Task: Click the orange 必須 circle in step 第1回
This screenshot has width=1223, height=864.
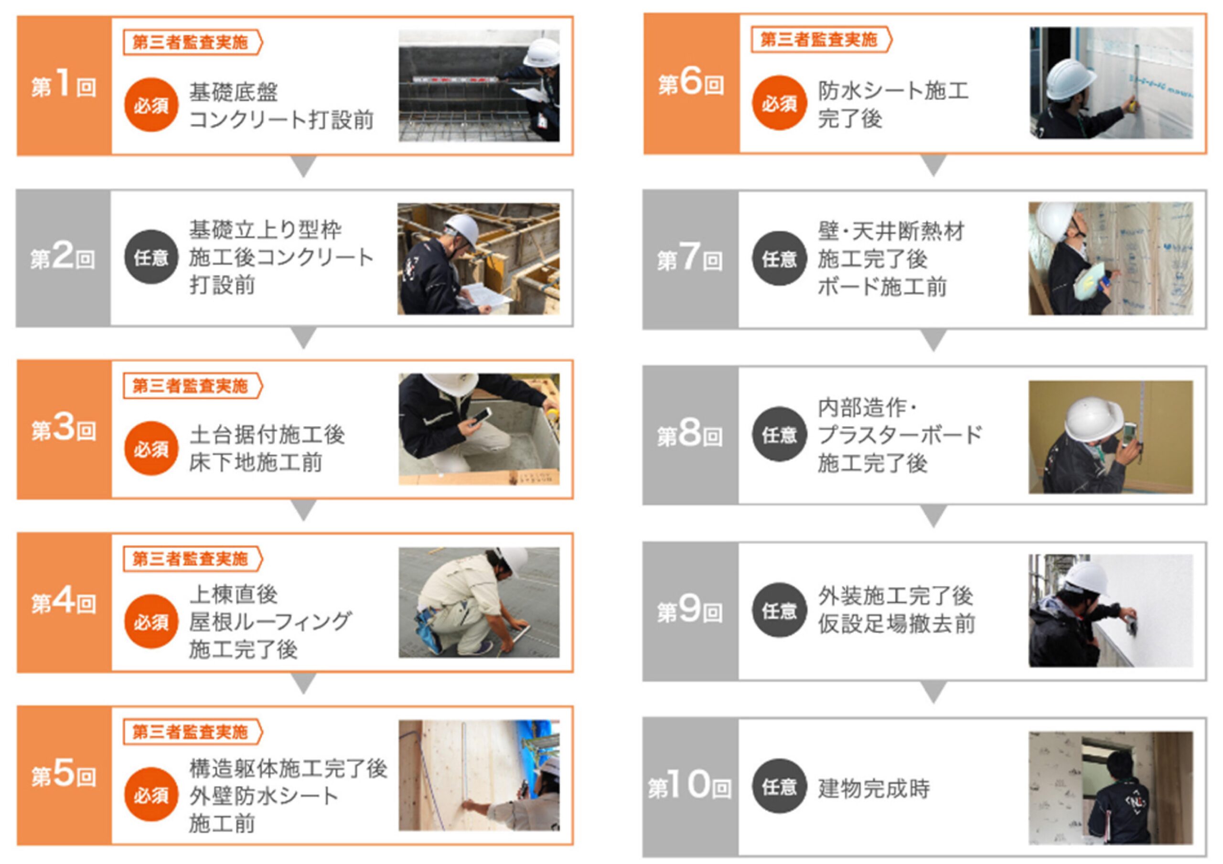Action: point(151,105)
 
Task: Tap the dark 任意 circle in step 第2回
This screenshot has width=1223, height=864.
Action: point(151,257)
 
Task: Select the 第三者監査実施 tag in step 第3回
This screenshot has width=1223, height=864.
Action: point(193,385)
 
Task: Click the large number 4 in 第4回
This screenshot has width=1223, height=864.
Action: point(64,601)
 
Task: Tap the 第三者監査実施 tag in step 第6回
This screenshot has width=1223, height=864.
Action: point(821,40)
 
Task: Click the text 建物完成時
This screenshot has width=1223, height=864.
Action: point(874,789)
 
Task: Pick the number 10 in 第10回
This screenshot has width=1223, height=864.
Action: point(691,785)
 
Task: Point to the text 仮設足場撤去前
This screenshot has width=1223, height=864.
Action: point(897,624)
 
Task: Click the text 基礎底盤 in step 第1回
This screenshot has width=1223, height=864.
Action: point(234,92)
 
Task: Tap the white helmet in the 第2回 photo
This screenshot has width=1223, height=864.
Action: point(462,230)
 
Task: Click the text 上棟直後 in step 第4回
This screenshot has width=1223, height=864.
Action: point(234,594)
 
